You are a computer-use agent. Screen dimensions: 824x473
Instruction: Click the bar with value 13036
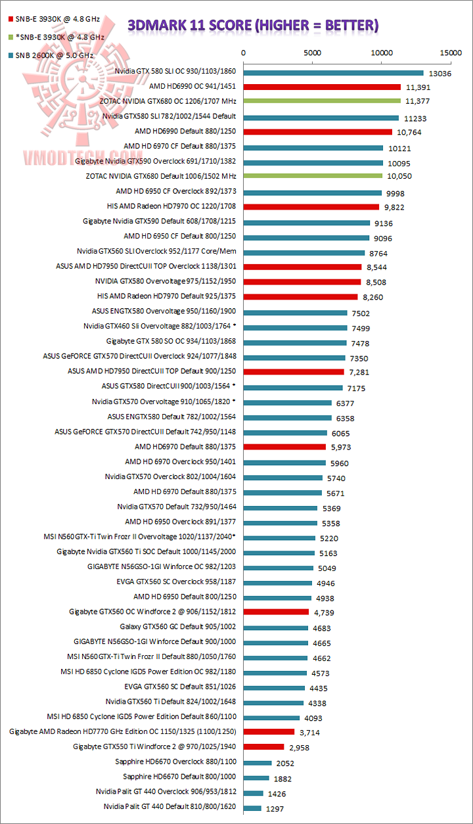333,72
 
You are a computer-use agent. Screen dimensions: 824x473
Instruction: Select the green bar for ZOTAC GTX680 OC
322,101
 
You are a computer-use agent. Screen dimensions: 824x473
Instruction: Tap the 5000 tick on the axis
313,53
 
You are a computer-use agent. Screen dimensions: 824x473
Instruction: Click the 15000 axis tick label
451,53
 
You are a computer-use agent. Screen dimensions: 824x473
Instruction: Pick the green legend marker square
9,37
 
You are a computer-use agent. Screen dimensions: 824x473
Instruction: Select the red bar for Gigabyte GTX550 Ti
263,746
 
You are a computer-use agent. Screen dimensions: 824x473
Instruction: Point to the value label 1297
275,809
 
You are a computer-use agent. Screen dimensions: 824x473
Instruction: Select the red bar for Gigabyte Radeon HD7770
269,731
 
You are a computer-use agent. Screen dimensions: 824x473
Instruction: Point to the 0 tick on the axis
244,53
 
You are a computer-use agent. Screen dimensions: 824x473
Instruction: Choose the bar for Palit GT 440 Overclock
253,793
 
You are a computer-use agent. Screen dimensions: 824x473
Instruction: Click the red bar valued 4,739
276,612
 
